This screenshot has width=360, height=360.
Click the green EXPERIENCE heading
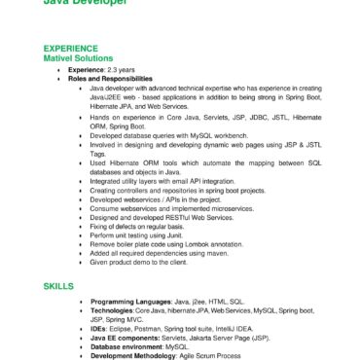click(x=71, y=49)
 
